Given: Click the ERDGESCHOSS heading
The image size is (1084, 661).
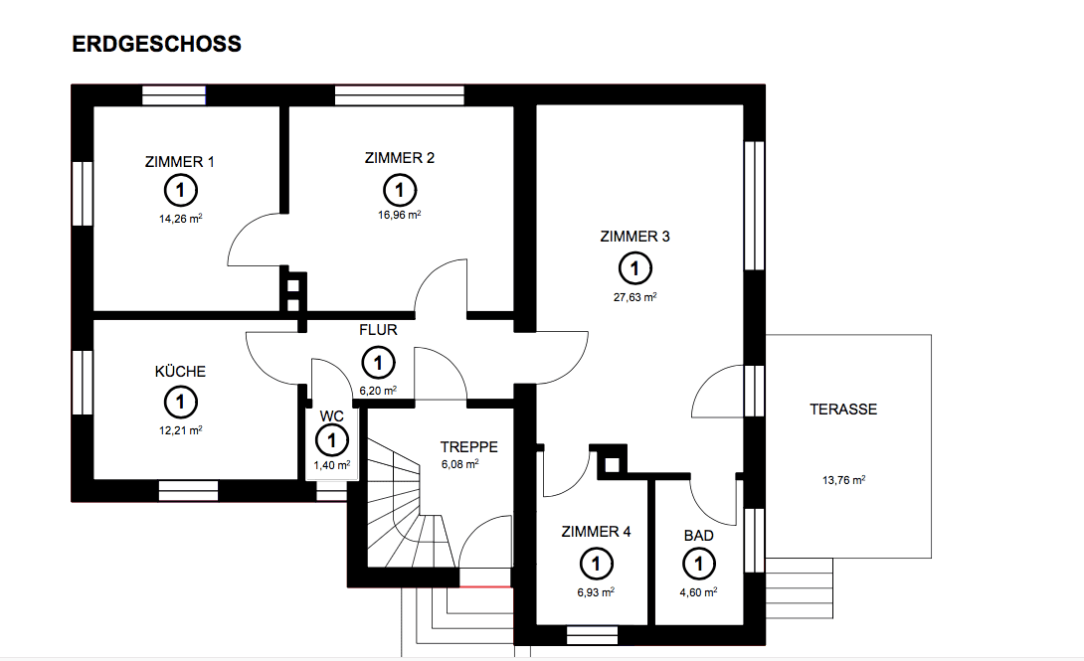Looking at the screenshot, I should coord(157,45).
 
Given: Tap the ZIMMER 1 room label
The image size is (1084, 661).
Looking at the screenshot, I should coord(179,161).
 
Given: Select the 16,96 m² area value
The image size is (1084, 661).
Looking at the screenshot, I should coord(399,215).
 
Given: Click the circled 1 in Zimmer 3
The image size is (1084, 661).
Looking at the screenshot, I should coord(634,267).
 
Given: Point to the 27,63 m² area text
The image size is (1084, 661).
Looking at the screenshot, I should coord(634,296).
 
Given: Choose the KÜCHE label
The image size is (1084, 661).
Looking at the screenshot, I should coord(180,372).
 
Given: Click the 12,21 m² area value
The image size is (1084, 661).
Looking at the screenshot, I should coord(180,430).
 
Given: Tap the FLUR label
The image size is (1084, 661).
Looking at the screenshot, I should coord(379,329).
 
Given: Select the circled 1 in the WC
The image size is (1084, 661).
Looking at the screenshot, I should coord(331,439).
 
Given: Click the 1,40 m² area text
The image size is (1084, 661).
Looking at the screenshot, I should coord(331,465).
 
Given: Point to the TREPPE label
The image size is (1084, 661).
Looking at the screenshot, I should coord(468,447).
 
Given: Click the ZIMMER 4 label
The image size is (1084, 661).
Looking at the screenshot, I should coord(596,532).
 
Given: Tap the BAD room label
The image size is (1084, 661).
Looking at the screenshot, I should coord(698,536).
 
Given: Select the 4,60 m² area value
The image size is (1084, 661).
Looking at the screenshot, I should coord(698,591).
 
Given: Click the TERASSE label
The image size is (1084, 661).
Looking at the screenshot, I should coord(843,409).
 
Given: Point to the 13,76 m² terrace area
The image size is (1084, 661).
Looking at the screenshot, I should coord(843,479).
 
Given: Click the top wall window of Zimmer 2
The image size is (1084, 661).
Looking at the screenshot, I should coord(400,95).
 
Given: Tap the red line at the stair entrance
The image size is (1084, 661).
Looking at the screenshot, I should coord(485,587).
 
